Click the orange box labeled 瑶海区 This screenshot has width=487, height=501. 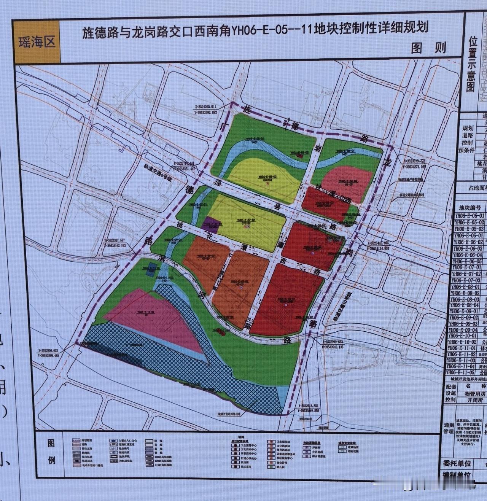[x=37, y=41]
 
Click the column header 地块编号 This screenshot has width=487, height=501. [x=472, y=208]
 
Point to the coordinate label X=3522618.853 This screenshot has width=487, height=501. [x=314, y=406]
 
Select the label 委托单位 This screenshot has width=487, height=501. [x=457, y=463]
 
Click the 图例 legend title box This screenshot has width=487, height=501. [x=52, y=452]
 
